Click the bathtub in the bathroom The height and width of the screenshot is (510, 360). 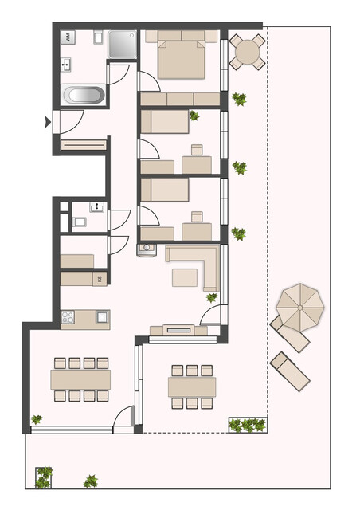pyautogui.click(x=84, y=96)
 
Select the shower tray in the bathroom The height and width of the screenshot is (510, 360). pyautogui.click(x=123, y=45)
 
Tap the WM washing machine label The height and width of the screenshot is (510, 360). pyautogui.click(x=69, y=37)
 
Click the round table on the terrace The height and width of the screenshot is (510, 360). pyautogui.click(x=247, y=53)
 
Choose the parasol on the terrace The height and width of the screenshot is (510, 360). pyautogui.click(x=301, y=305)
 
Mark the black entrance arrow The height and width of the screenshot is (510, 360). pyautogui.click(x=49, y=121)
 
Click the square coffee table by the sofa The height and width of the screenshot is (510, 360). pyautogui.click(x=186, y=277)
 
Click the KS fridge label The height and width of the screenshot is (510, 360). pyautogui.click(x=100, y=279)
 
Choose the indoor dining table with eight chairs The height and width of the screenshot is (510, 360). pyautogui.click(x=80, y=379)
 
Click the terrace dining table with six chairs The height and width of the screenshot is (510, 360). pyautogui.click(x=192, y=386)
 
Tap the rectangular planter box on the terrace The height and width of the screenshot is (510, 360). pyautogui.click(x=248, y=425)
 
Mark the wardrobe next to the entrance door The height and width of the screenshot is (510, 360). pyautogui.click(x=83, y=145)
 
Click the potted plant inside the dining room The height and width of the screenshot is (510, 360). pyautogui.click(x=37, y=419)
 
